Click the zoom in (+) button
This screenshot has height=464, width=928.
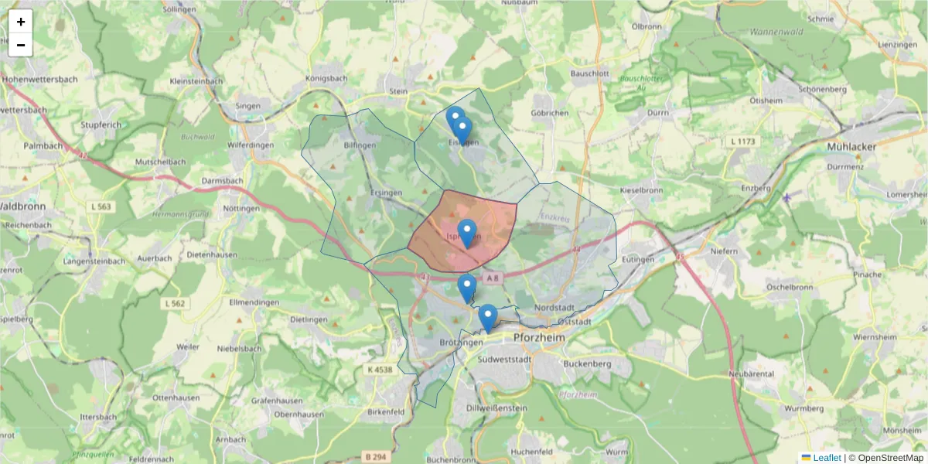coord(21,22)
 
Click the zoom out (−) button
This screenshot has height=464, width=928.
coord(21,45)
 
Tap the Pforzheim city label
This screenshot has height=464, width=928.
coord(540,339)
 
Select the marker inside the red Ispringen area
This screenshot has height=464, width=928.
coord(467,233)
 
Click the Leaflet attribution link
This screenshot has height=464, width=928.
coord(826,458)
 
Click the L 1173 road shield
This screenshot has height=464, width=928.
coord(742,142)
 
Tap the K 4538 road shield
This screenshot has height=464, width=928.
coord(380,370)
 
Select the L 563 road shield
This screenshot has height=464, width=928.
coord(100,206)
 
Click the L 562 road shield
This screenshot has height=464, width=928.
coord(176,304)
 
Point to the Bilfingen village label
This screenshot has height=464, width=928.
coord(360,145)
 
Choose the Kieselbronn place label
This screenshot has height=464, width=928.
coord(641,189)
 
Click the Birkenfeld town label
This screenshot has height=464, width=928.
coord(386,412)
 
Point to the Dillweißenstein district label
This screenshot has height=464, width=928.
coord(497,408)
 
